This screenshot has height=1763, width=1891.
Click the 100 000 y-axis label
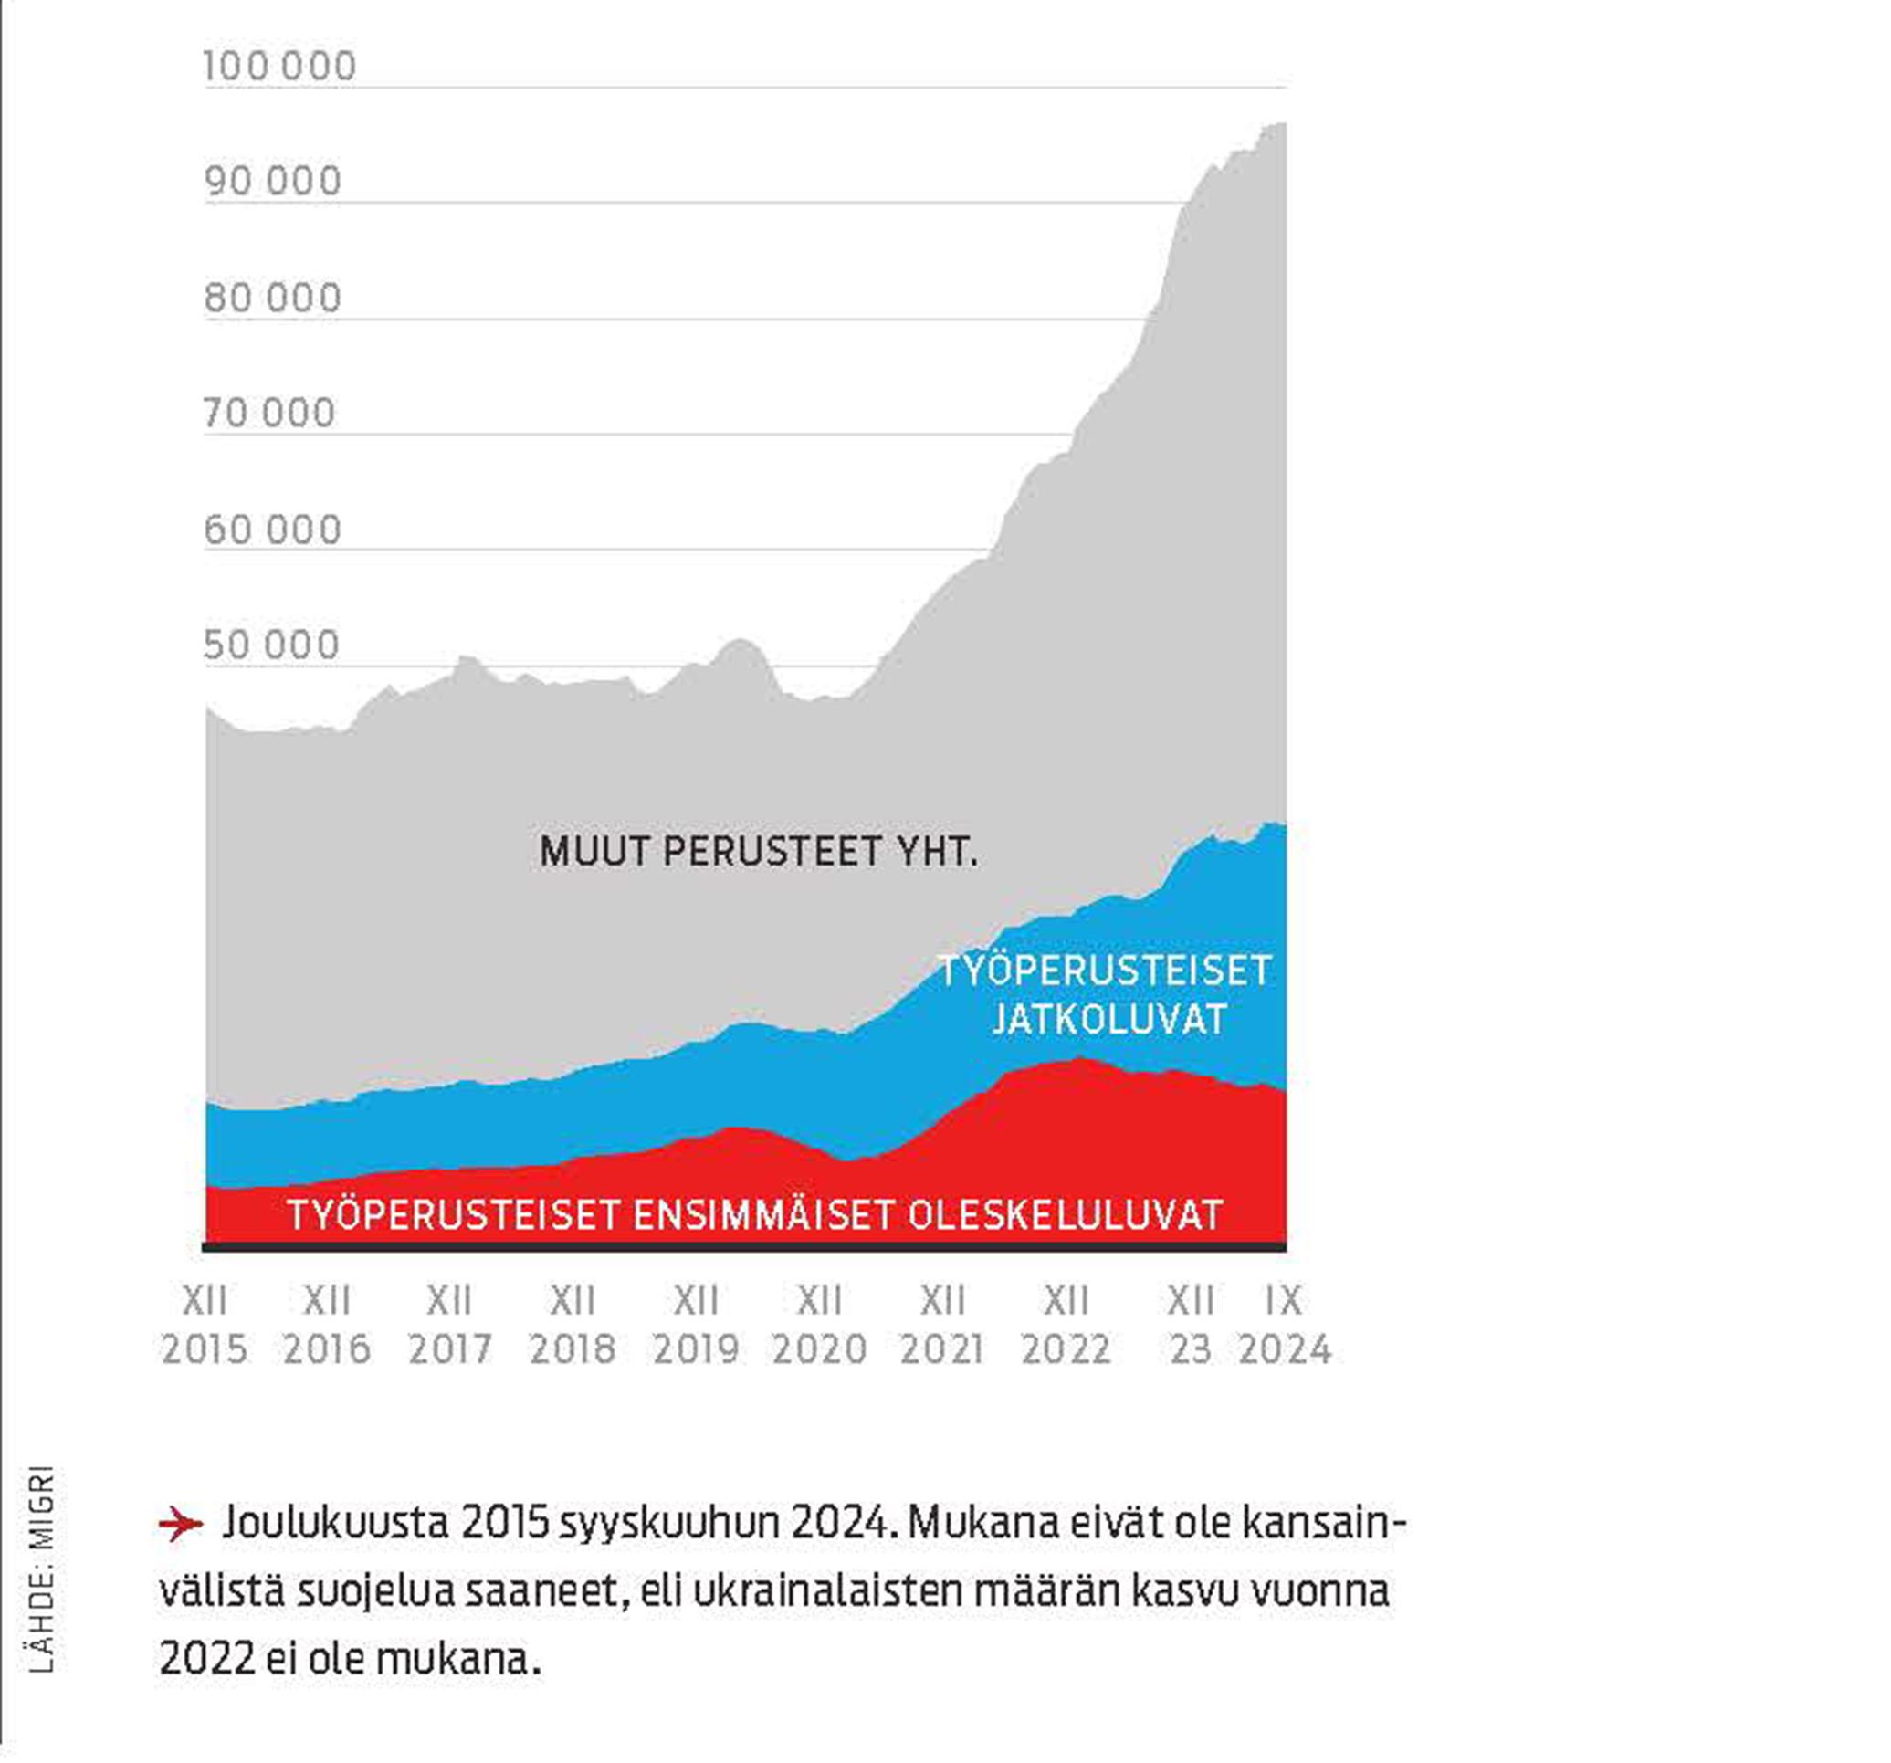click(278, 67)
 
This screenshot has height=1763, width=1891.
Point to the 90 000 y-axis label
click(272, 182)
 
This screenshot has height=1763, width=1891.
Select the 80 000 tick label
click(272, 299)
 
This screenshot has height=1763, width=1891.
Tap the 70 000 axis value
click(269, 414)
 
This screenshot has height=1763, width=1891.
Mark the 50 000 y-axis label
click(271, 645)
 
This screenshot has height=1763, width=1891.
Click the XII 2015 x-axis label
click(204, 1324)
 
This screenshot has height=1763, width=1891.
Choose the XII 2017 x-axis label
click(450, 1324)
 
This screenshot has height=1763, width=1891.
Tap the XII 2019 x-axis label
click(696, 1324)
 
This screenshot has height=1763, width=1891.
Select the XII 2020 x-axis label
click(819, 1324)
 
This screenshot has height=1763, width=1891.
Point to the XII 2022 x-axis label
click(1066, 1324)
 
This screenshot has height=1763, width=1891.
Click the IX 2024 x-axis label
click(1284, 1324)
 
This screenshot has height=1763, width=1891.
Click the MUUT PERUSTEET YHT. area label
click(758, 851)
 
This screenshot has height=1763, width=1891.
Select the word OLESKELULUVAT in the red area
click(1065, 1215)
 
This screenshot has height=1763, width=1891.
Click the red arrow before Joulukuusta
click(180, 1525)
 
